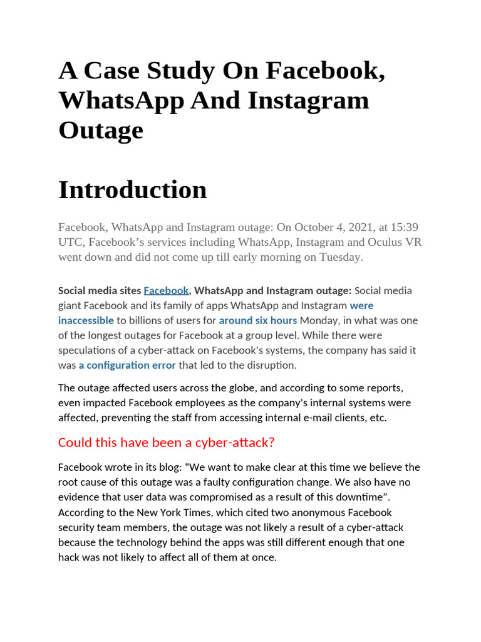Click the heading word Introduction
click(x=132, y=190)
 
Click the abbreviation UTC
click(x=70, y=241)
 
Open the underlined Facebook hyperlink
click(x=166, y=290)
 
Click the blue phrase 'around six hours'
click(x=258, y=320)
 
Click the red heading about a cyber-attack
click(x=167, y=443)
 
